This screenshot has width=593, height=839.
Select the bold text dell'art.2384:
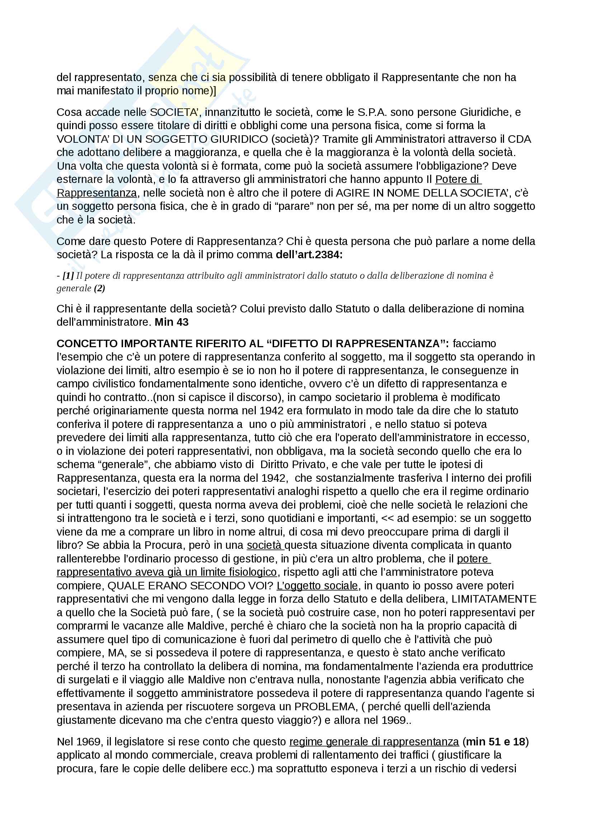(309, 255)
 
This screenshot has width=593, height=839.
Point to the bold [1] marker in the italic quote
(68, 275)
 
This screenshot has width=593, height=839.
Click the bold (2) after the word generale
(99, 288)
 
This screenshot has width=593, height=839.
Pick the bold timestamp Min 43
(171, 322)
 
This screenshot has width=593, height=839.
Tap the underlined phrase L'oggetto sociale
(317, 586)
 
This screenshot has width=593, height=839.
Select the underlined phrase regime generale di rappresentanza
(374, 741)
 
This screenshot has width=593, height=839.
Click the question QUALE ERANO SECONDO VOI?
(190, 586)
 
